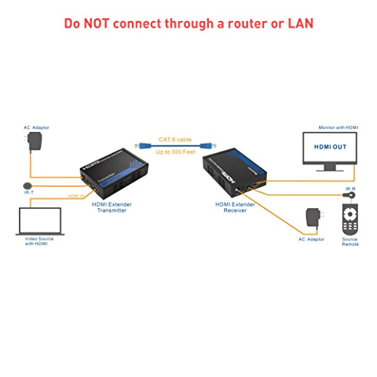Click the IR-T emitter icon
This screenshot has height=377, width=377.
[x=29, y=185]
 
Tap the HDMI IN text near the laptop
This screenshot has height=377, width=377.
[x=73, y=198]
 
